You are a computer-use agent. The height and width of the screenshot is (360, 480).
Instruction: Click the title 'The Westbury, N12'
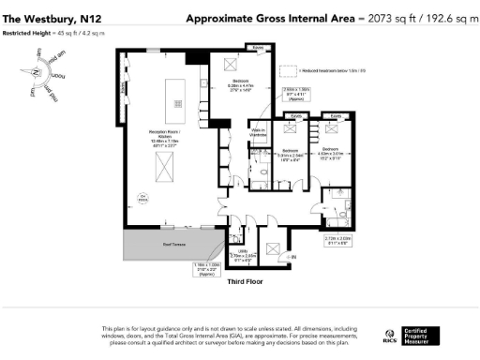tap(44, 18)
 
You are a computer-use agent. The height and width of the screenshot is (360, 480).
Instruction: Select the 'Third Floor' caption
tap(246, 278)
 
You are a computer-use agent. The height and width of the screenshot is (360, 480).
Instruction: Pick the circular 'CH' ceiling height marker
tap(143, 197)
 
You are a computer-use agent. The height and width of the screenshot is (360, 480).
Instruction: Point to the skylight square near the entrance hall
tap(271, 248)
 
